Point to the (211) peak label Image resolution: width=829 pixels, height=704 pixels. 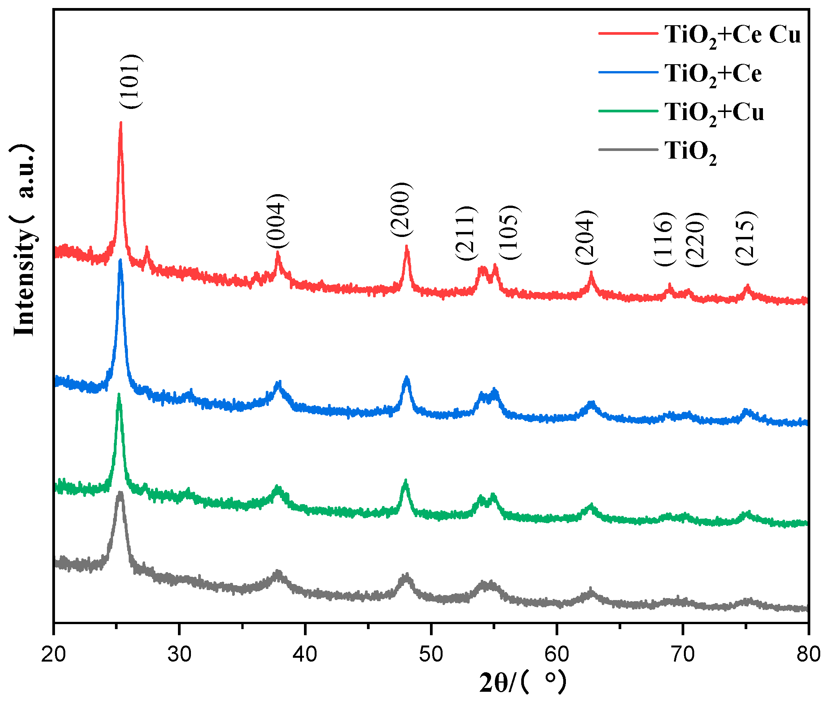point(465,234)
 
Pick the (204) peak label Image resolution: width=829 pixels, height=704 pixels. point(585,237)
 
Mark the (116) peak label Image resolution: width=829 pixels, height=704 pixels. point(664,238)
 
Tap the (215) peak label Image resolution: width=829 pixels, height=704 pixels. point(746,238)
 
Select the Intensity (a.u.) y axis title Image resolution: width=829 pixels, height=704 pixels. point(24,240)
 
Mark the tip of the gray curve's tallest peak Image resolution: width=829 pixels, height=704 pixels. point(120,493)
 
